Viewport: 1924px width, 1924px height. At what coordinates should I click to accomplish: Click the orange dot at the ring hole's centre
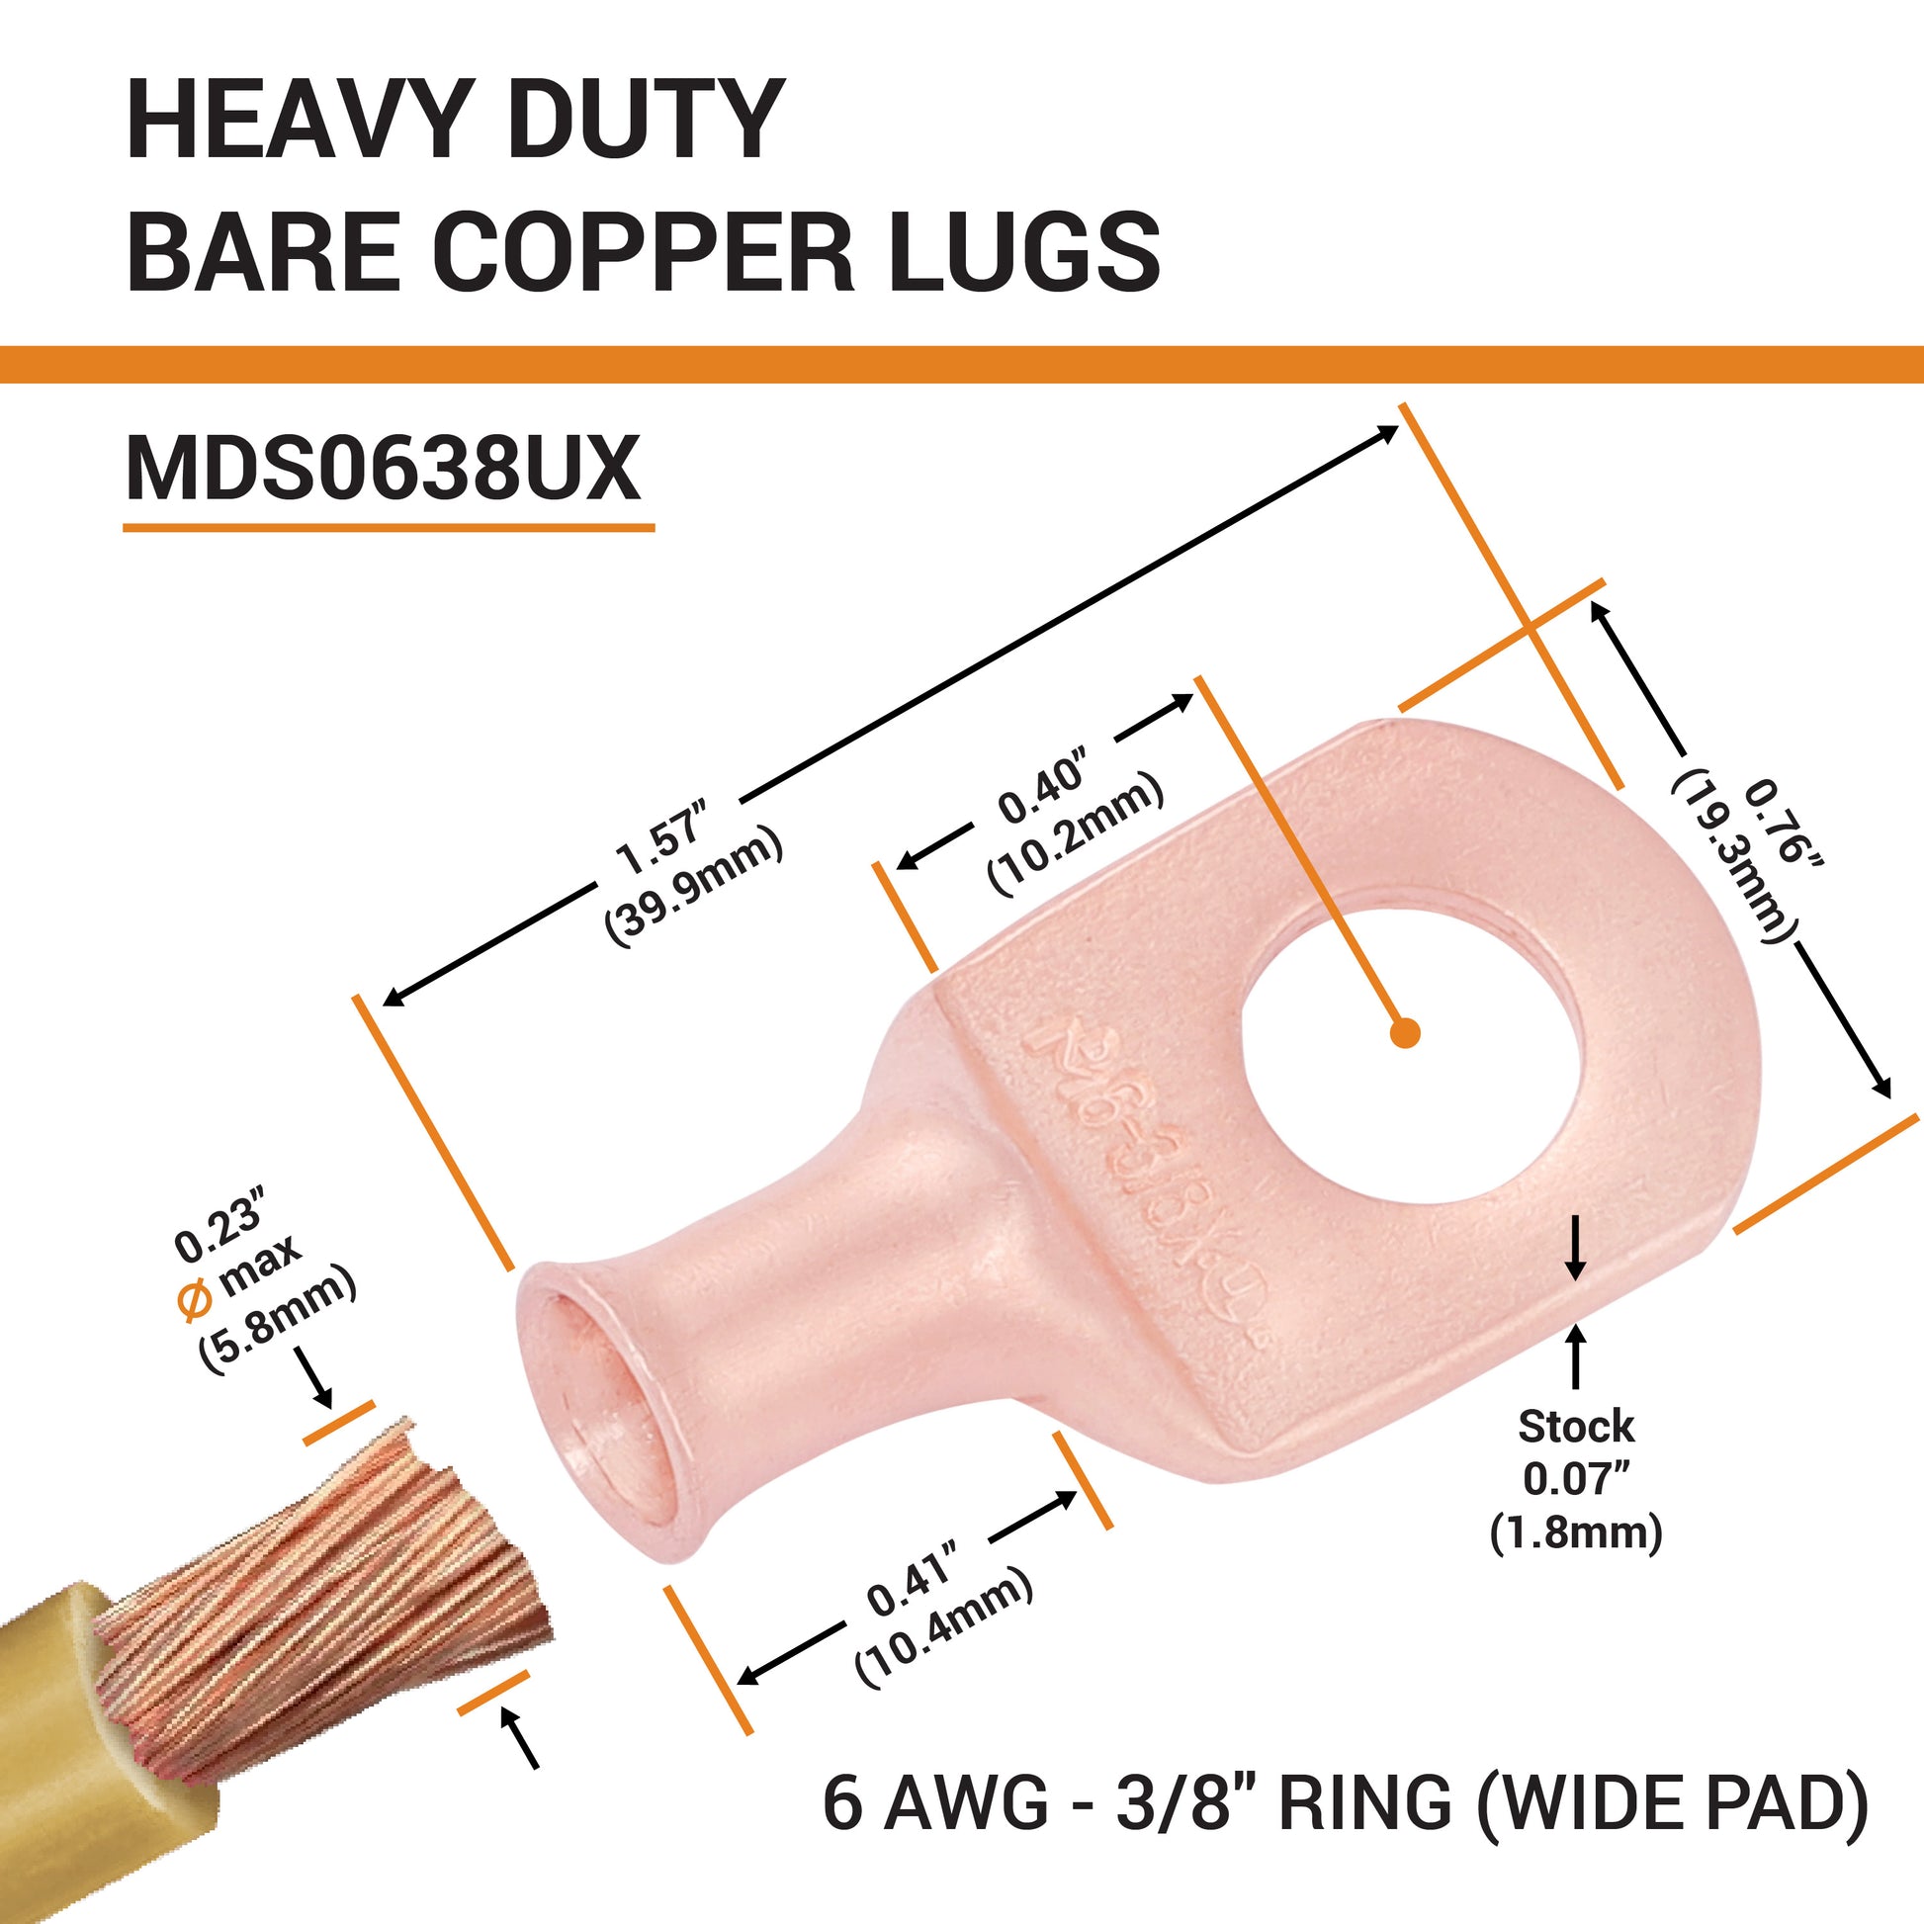tap(1405, 1033)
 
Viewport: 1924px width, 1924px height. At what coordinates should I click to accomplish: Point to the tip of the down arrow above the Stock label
tap(1575, 1277)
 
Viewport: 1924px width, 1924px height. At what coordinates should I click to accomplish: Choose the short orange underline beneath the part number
tap(389, 527)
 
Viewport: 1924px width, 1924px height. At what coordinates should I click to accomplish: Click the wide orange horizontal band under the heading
tap(962, 364)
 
